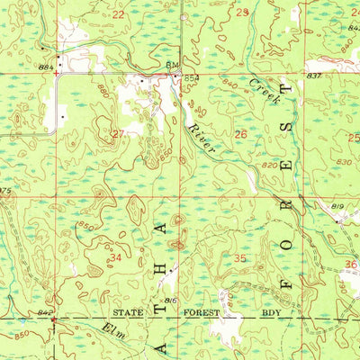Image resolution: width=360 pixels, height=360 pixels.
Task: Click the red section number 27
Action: (117, 133)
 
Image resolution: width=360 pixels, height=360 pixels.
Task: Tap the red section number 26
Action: (240, 133)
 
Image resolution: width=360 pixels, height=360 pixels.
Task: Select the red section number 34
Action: (115, 257)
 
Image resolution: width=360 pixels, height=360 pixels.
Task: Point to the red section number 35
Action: (239, 258)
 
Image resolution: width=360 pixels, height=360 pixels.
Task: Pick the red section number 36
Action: (350, 264)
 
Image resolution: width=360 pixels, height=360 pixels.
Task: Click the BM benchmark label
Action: (172, 66)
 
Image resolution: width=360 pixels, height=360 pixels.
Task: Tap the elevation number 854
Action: (191, 79)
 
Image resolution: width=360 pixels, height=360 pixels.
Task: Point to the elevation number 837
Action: (313, 76)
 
